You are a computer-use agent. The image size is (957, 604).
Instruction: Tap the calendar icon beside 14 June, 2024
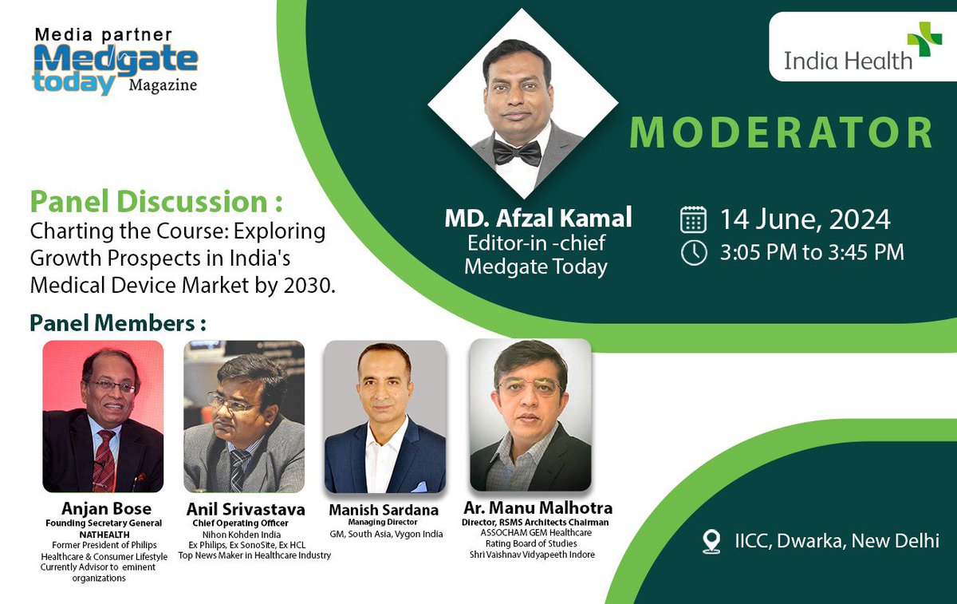tap(694, 219)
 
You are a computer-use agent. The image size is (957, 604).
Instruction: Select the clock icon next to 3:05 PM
tap(694, 252)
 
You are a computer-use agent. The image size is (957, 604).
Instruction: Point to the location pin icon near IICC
tap(711, 541)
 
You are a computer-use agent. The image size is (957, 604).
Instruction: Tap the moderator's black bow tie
tap(517, 152)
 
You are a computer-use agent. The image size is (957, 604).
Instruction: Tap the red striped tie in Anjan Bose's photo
tap(103, 460)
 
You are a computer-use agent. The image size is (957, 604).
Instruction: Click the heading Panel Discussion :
tap(156, 201)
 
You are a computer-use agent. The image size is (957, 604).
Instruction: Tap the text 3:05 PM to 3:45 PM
tap(812, 253)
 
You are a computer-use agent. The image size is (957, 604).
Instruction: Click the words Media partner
tap(103, 35)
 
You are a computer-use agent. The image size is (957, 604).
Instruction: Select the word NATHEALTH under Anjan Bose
tap(104, 534)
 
